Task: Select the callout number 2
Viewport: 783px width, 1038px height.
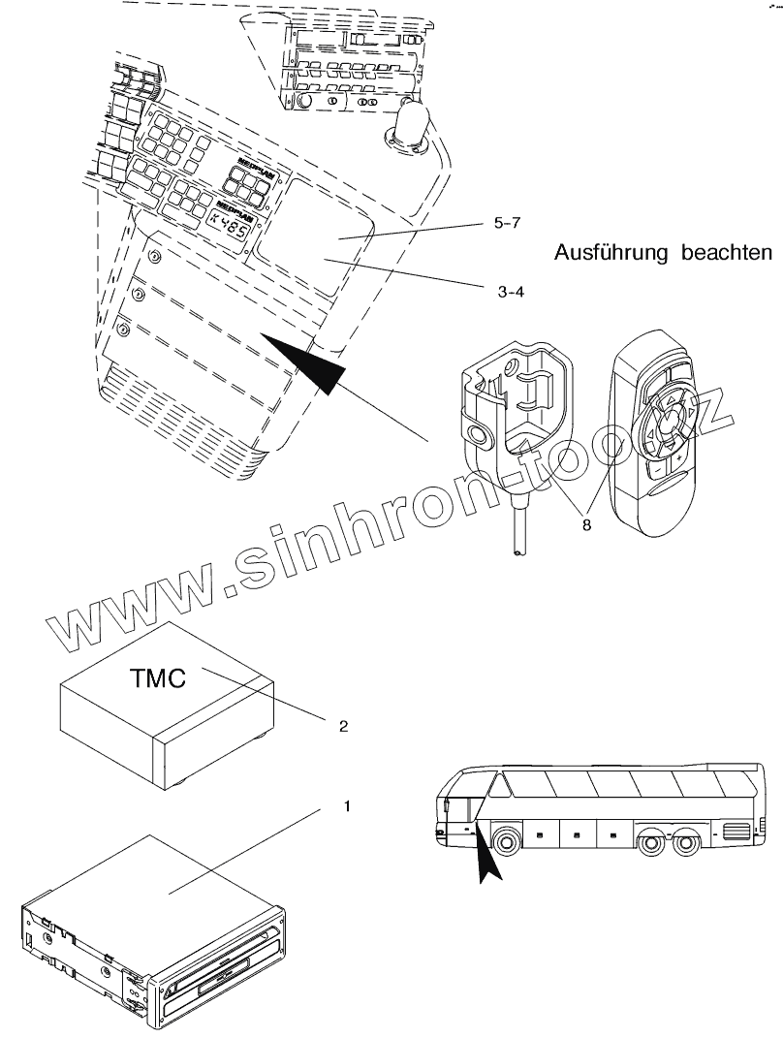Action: click(x=343, y=724)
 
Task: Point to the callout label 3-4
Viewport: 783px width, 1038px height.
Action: click(x=512, y=289)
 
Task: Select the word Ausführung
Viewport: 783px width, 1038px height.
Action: click(x=612, y=254)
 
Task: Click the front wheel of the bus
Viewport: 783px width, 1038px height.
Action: click(x=506, y=839)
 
